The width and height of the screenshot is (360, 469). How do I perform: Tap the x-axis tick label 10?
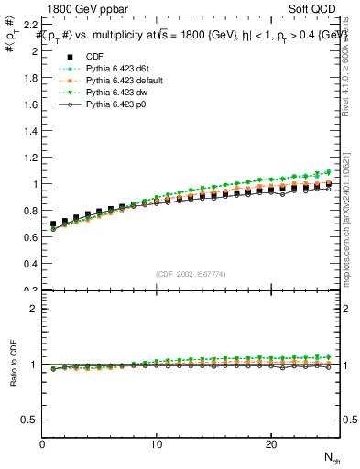pos(157,444)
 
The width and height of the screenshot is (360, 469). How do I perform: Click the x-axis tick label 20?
pos(271,444)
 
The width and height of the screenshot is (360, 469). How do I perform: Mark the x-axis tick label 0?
pos(43,444)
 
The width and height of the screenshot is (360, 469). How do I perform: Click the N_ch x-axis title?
pos(331,456)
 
